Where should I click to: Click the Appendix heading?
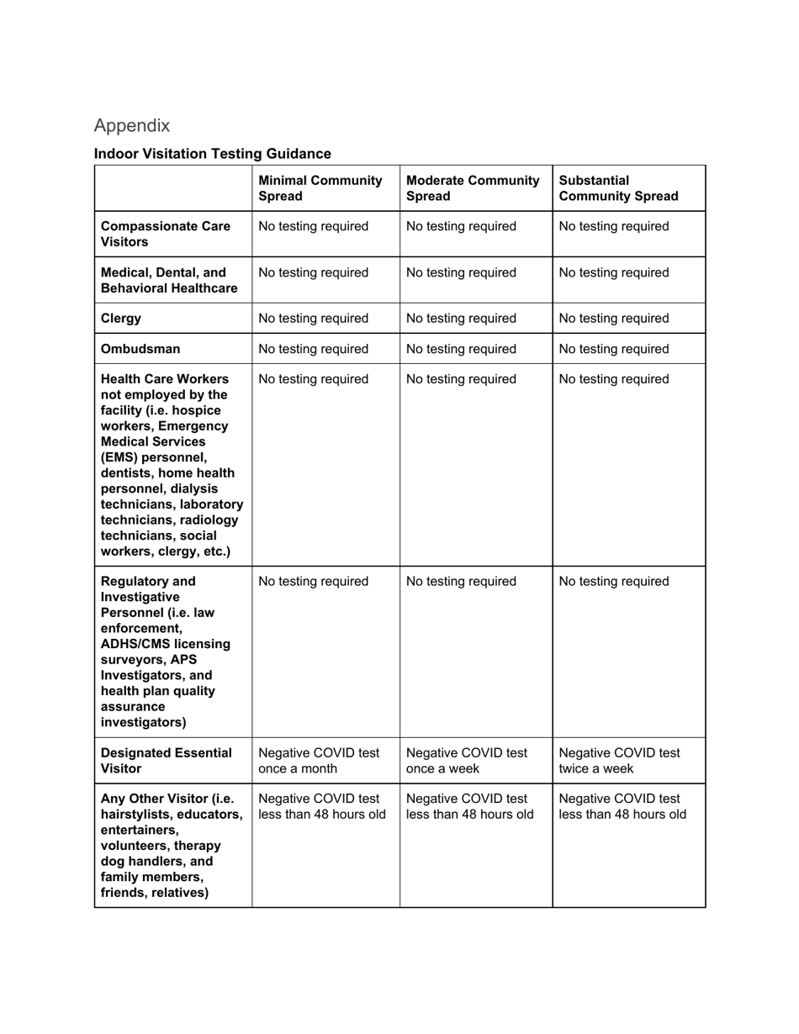132,125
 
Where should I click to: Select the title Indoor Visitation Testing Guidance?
212,154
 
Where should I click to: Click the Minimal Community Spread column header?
320,188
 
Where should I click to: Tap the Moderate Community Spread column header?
473,188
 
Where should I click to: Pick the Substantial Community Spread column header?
618,188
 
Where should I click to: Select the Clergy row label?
121,319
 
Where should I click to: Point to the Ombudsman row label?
140,349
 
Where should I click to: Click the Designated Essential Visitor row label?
167,761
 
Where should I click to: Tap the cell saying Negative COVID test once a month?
319,761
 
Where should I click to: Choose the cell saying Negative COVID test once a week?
467,761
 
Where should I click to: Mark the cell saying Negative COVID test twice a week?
619,761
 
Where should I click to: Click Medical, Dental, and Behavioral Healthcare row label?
169,281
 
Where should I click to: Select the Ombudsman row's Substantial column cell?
614,349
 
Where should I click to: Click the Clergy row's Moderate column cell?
461,319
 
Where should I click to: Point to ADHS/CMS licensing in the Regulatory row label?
166,644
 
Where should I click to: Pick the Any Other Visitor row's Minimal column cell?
322,806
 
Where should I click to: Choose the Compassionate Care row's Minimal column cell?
314,227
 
